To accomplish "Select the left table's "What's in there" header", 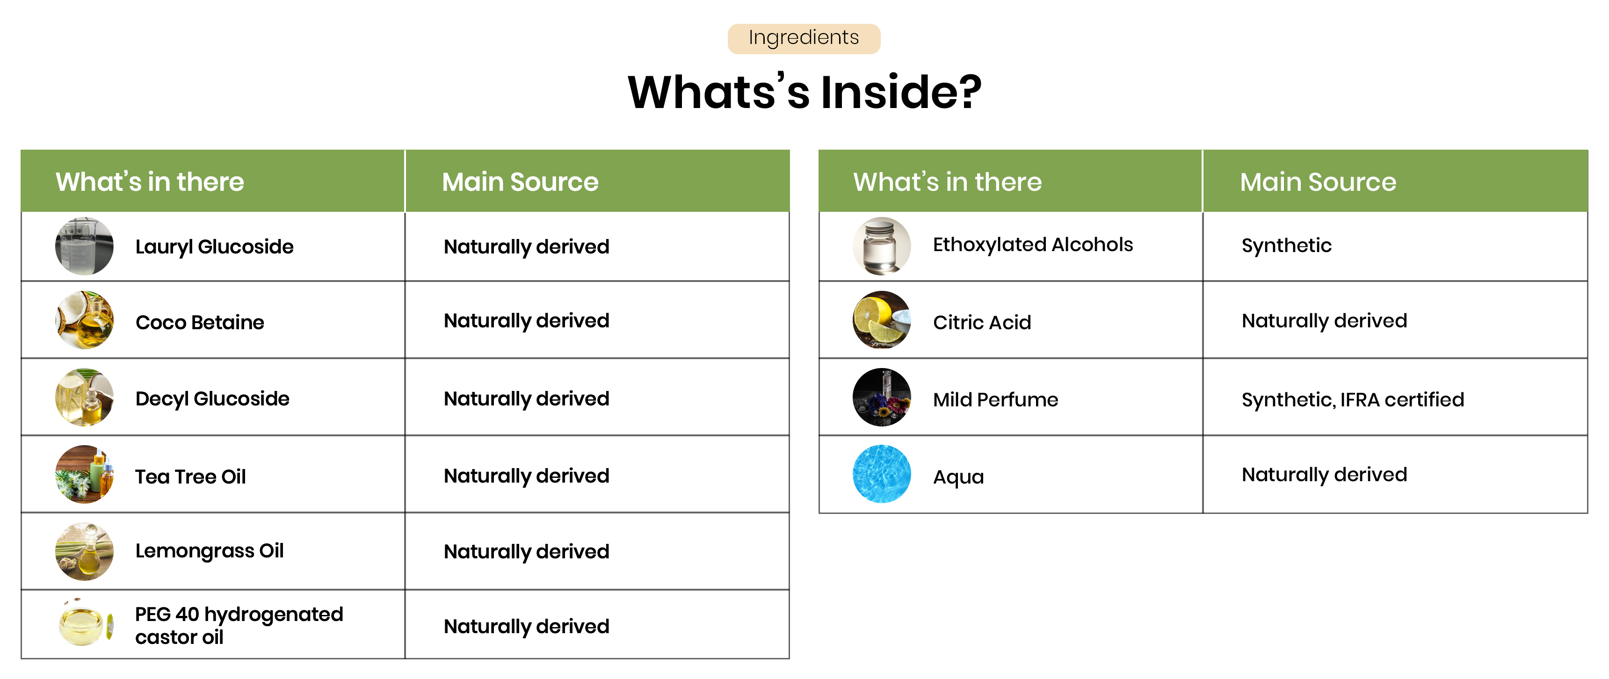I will pos(149,182).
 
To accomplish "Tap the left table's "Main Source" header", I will pos(520,182).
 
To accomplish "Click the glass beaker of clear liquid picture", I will pos(84,246).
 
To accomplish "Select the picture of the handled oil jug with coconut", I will pos(84,320).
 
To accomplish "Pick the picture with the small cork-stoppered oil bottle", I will pos(84,397).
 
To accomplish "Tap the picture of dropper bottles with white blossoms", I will pos(84,474).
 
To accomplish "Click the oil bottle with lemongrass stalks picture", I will pos(84,551).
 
